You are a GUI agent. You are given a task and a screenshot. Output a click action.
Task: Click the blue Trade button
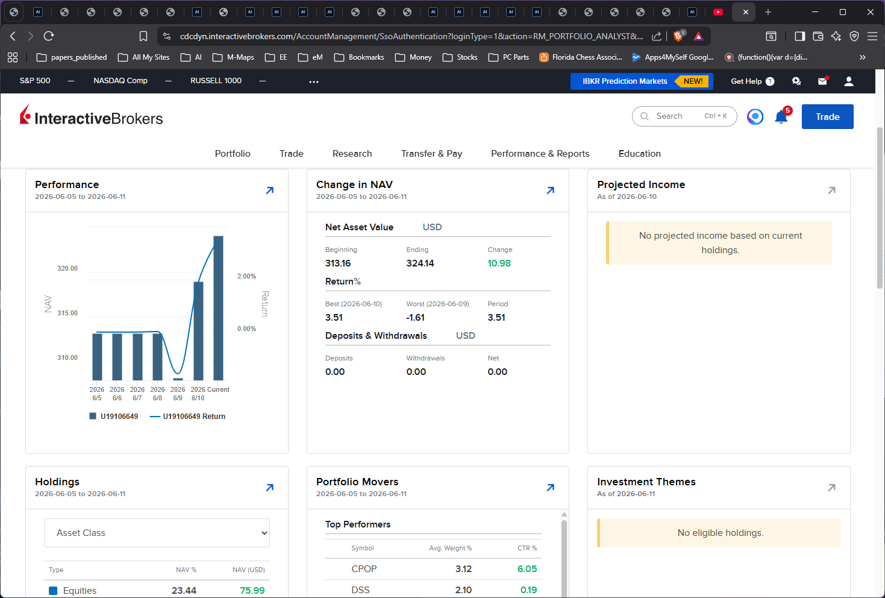(x=827, y=116)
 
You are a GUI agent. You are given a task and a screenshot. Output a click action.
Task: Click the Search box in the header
(x=684, y=116)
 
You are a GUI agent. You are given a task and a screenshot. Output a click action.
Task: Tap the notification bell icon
(x=781, y=117)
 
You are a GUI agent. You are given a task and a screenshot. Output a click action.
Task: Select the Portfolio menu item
(x=233, y=153)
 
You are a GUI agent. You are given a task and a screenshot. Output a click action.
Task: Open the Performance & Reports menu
(x=540, y=153)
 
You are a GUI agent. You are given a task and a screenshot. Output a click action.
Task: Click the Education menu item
(x=639, y=153)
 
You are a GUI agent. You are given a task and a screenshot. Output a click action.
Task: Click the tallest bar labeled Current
(x=218, y=308)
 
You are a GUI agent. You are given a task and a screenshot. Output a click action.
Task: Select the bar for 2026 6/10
(x=198, y=331)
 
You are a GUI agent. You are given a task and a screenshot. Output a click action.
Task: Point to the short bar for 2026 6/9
(x=178, y=379)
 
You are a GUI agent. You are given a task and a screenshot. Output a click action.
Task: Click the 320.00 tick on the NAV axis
(x=67, y=268)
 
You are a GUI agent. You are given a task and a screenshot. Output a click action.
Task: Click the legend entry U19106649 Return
(x=187, y=416)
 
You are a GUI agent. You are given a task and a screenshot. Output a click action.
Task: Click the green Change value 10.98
(x=499, y=263)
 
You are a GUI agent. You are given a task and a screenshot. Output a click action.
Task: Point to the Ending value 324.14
(x=420, y=263)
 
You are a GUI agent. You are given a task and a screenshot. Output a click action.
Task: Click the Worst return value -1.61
(x=415, y=317)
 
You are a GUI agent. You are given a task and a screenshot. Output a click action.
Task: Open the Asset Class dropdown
(x=157, y=533)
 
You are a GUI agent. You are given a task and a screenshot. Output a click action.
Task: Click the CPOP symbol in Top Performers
(x=364, y=568)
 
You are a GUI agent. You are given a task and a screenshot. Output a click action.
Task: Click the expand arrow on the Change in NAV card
(x=551, y=190)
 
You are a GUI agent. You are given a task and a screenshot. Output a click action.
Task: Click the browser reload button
(x=49, y=36)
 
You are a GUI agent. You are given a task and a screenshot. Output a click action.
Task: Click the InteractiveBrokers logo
(x=91, y=116)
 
